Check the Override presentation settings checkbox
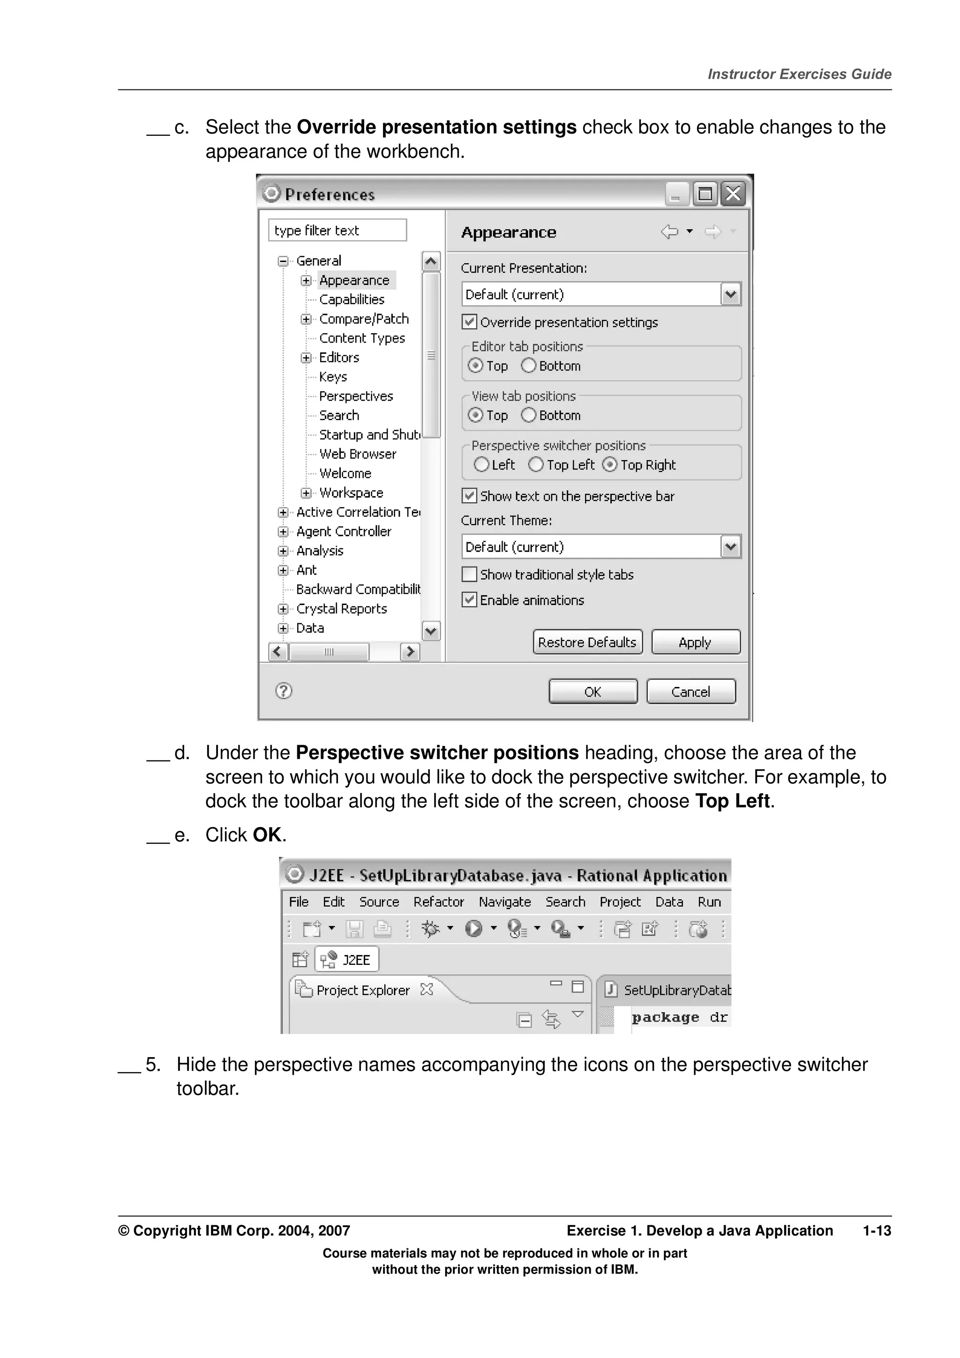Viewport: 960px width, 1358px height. [470, 322]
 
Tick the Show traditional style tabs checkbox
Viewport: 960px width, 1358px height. [470, 575]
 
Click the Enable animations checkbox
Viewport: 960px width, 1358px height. [470, 600]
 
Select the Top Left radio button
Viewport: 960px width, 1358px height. [536, 465]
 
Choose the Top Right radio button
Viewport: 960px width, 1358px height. [610, 465]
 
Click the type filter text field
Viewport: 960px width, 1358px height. [337, 230]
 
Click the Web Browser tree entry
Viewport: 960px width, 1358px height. [357, 454]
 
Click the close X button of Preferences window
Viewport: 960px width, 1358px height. [734, 194]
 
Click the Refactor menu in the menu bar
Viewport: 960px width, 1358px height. [438, 902]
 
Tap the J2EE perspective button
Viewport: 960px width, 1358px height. [347, 959]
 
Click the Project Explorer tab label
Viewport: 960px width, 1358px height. [363, 990]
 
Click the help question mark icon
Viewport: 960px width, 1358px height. [284, 690]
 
